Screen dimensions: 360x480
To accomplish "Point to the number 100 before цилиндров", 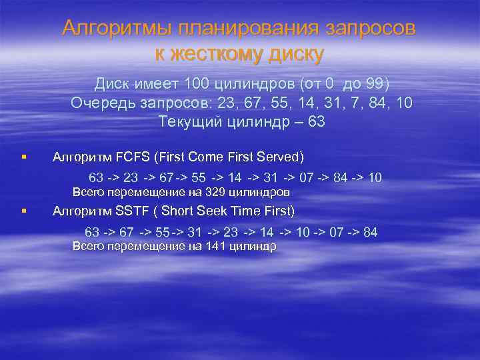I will (x=198, y=85).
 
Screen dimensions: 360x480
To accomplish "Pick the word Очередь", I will (x=98, y=103).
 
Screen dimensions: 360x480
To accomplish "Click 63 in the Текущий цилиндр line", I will (x=317, y=122).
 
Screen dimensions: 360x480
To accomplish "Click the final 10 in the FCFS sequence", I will (x=375, y=178).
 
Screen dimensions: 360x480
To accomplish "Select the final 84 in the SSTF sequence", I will (x=371, y=232).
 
